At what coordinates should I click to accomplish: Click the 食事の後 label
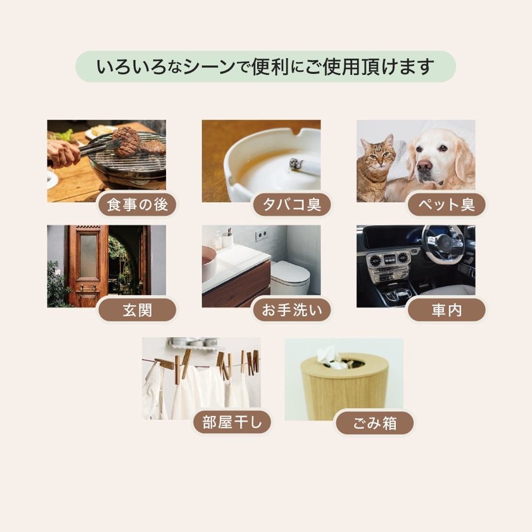pos(137,205)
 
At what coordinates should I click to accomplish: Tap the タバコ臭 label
pos(292,205)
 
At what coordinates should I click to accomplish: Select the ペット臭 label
pos(446,205)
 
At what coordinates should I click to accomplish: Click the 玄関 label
pos(137,310)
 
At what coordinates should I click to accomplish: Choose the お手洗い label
pos(292,310)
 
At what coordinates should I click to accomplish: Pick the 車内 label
pos(446,310)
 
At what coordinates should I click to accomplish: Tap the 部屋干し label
pos(232,423)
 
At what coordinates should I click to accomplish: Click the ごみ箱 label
pos(374,423)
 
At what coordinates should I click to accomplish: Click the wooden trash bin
pos(345,389)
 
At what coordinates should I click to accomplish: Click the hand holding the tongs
pos(63,153)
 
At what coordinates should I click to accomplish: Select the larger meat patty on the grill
pos(127,141)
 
